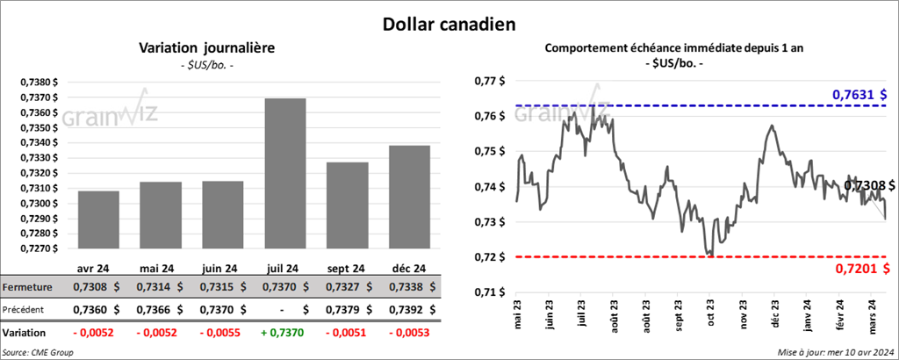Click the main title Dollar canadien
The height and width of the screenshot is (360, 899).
click(449, 23)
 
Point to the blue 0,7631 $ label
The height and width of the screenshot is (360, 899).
click(859, 94)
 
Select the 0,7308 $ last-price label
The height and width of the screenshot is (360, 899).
click(869, 186)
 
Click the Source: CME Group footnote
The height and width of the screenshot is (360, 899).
click(39, 352)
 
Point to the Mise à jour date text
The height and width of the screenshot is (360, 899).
click(835, 352)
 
